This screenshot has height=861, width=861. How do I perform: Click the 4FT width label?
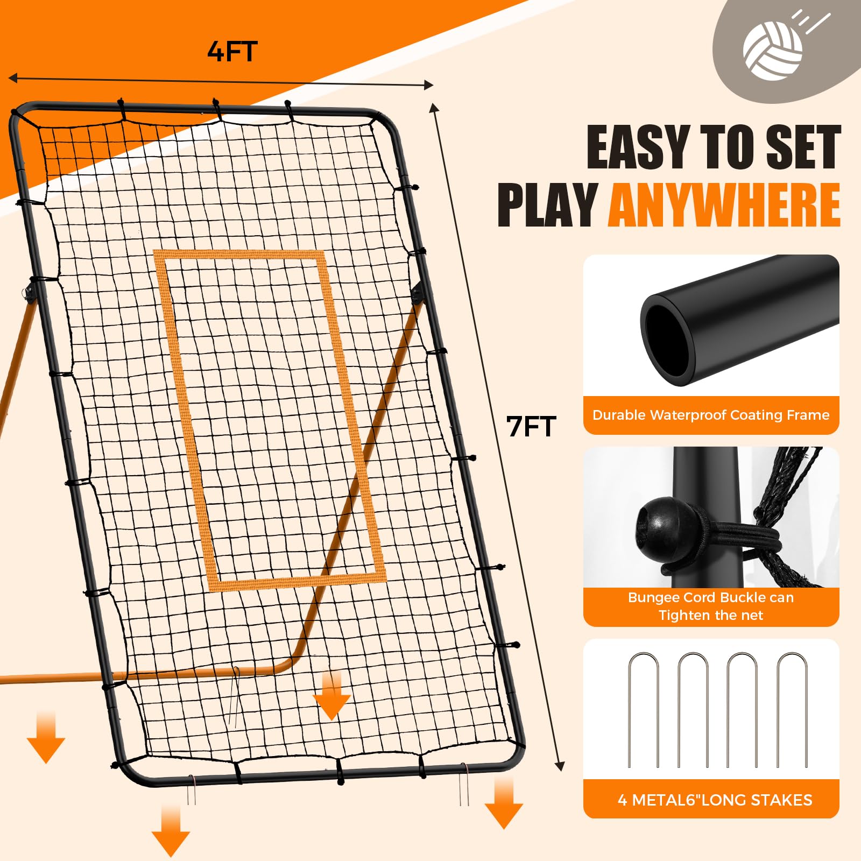tap(232, 52)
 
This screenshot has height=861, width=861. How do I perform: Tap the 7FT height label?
tap(531, 427)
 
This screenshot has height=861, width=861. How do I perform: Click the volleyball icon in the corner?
tap(772, 51)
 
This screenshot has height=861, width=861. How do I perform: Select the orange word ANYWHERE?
tap(724, 205)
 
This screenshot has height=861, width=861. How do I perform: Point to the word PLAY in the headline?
tap(547, 205)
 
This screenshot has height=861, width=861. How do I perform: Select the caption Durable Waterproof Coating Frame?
tap(711, 415)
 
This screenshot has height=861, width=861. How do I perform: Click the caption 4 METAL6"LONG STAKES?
tap(715, 800)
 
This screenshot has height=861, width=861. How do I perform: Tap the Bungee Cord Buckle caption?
tap(711, 606)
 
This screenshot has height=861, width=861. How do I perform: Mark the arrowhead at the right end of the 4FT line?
tap(429, 84)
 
